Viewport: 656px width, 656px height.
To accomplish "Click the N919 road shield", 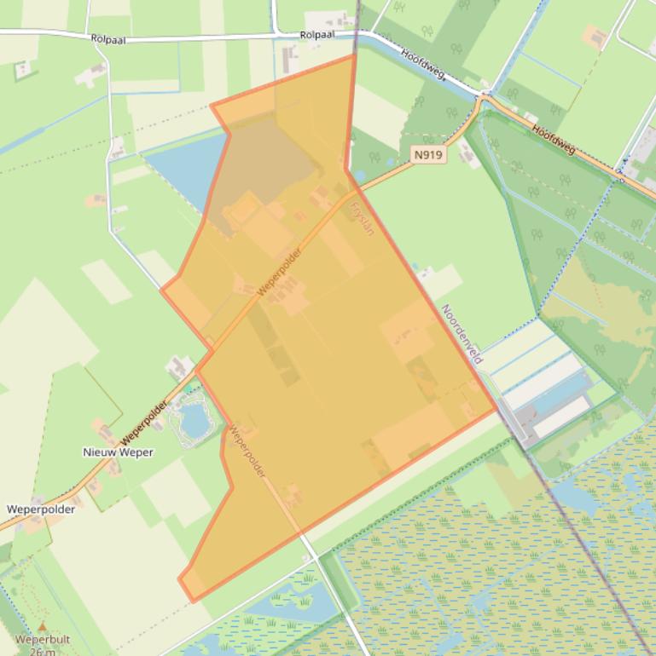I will click(x=428, y=155).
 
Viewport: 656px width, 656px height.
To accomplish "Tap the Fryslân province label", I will click(x=363, y=217).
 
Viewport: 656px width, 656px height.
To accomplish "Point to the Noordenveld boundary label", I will click(x=462, y=334).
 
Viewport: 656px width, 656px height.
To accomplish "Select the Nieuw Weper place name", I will click(x=118, y=452).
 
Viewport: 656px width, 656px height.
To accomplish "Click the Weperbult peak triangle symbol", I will click(x=43, y=627).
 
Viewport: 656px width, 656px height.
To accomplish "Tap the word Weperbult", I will click(x=43, y=640).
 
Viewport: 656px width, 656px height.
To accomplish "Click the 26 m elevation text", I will click(x=43, y=652).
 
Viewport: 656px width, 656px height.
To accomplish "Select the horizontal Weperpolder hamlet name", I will click(x=41, y=509).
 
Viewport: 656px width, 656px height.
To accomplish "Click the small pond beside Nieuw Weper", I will click(x=194, y=419).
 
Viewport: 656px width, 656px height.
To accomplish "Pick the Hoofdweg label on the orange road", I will click(x=554, y=140).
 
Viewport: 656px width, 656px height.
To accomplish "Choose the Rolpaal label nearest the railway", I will click(x=317, y=35).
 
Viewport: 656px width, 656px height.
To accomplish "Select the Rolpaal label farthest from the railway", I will click(x=108, y=38).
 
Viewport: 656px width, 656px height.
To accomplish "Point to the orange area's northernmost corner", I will click(x=353, y=56).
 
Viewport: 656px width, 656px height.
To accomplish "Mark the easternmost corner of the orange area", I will click(x=496, y=410).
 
